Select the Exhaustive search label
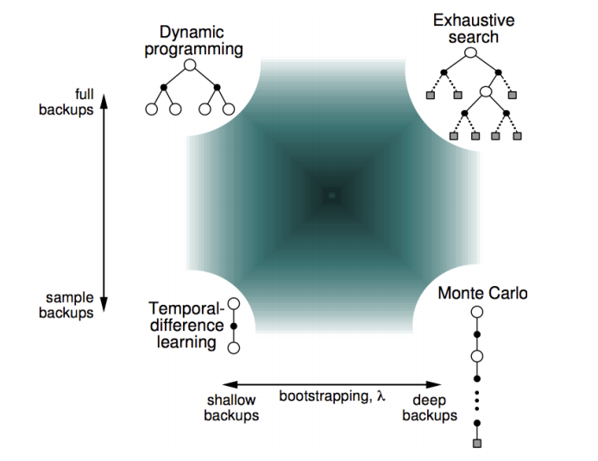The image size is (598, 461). coord(467,27)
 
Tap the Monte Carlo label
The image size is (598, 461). coord(482,293)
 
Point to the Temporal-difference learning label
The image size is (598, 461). coord(186,325)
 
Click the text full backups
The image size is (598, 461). coord(78,103)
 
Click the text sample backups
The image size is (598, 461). coord(69,305)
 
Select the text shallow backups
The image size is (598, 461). coord(232,408)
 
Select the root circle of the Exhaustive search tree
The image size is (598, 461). coord(471,53)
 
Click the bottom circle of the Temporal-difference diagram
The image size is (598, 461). coord(233,347)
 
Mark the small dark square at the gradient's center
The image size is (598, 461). coord(331,196)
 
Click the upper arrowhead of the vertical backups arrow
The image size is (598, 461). coord(104,102)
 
